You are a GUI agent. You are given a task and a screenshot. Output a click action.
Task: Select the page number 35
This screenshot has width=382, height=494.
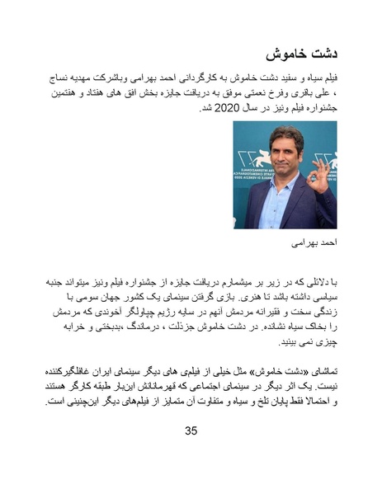click(191, 431)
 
